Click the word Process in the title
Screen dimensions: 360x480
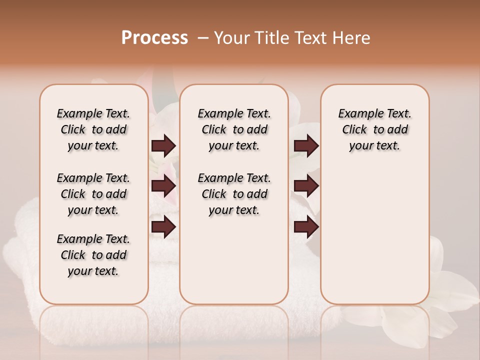tap(154, 37)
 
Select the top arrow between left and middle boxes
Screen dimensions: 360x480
tap(163, 145)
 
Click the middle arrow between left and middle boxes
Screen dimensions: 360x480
tap(163, 186)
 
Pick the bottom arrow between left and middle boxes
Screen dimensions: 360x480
tap(163, 227)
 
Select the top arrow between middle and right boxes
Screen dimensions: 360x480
tap(306, 145)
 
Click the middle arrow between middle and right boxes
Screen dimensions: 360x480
tap(306, 186)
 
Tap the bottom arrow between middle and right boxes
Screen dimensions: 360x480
tap(306, 227)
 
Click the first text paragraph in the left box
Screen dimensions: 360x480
tap(93, 129)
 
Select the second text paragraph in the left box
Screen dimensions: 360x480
tap(93, 194)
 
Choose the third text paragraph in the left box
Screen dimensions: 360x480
tap(93, 255)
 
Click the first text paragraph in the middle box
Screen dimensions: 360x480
tap(234, 129)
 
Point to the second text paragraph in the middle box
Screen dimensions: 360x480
tap(234, 194)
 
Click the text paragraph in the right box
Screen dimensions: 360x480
tap(374, 129)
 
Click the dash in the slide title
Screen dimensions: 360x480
tap(202, 38)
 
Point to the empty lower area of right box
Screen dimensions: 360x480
tap(374, 235)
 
